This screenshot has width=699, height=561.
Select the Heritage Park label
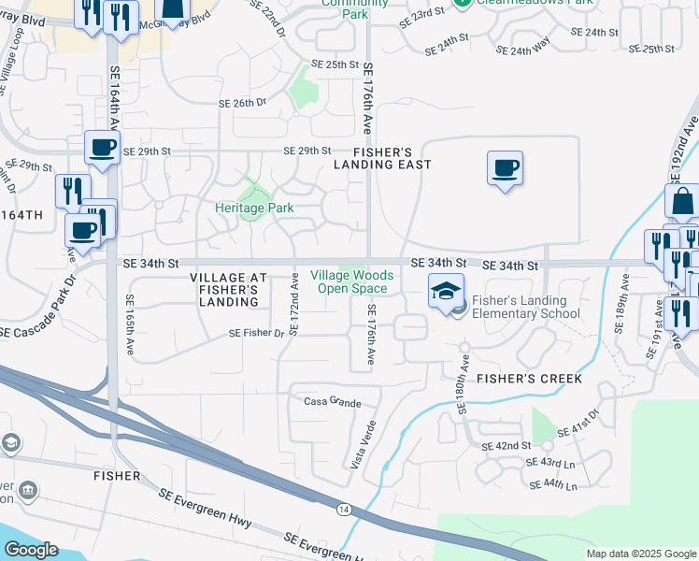254,208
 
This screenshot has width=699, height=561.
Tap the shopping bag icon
682,201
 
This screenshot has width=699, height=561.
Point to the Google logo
31,550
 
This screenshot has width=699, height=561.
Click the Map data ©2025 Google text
640,554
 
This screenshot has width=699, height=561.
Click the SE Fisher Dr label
257,333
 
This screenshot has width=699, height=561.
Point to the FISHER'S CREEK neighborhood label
530,379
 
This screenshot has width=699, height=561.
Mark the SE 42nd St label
506,447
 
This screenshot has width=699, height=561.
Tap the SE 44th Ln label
553,485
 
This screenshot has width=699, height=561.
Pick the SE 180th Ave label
463,385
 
